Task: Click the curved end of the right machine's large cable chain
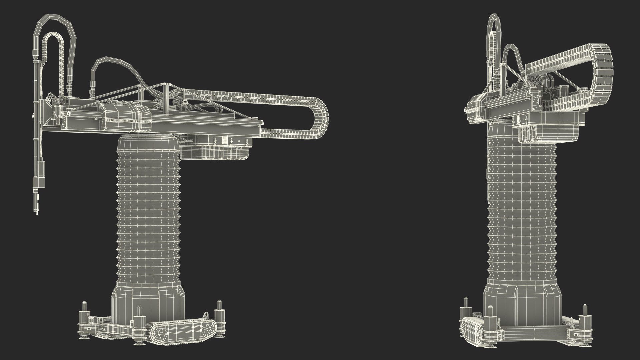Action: coord(605,70)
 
